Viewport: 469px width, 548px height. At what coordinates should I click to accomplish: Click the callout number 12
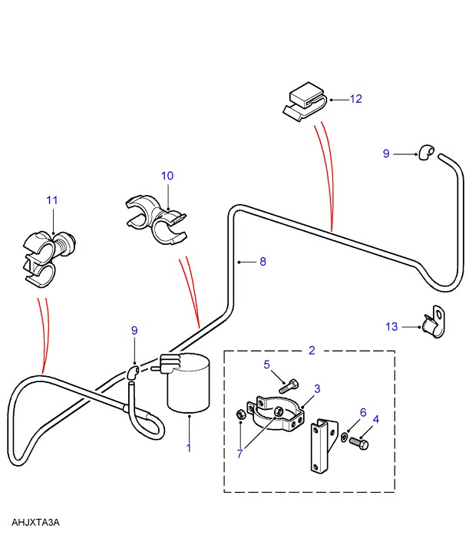click(x=355, y=99)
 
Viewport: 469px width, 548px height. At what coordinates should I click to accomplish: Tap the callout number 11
click(x=51, y=200)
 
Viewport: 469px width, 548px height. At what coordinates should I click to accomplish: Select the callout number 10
click(x=167, y=176)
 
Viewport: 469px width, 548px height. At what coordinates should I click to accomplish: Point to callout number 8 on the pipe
click(x=262, y=262)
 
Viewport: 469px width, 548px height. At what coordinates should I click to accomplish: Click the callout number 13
click(x=392, y=327)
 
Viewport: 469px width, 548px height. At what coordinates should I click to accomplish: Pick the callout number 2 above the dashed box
click(x=312, y=351)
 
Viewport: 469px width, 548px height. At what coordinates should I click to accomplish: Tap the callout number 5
click(x=268, y=365)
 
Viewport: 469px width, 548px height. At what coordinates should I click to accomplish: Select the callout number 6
click(x=363, y=412)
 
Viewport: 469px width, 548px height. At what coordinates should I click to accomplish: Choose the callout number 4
click(x=375, y=420)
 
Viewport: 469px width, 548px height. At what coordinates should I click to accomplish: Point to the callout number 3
click(x=316, y=389)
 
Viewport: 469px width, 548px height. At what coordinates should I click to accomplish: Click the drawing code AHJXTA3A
click(x=35, y=523)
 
